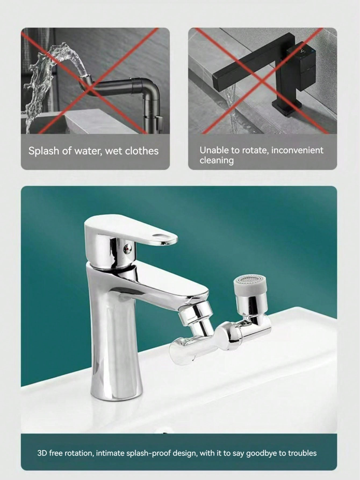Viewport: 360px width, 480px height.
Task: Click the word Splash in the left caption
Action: (44, 151)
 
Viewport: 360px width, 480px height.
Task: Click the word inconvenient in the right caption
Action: (297, 150)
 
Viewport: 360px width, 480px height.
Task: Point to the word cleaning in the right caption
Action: (217, 160)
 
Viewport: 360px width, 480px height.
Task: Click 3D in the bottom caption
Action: (42, 453)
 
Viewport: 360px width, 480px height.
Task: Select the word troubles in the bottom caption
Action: (302, 453)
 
